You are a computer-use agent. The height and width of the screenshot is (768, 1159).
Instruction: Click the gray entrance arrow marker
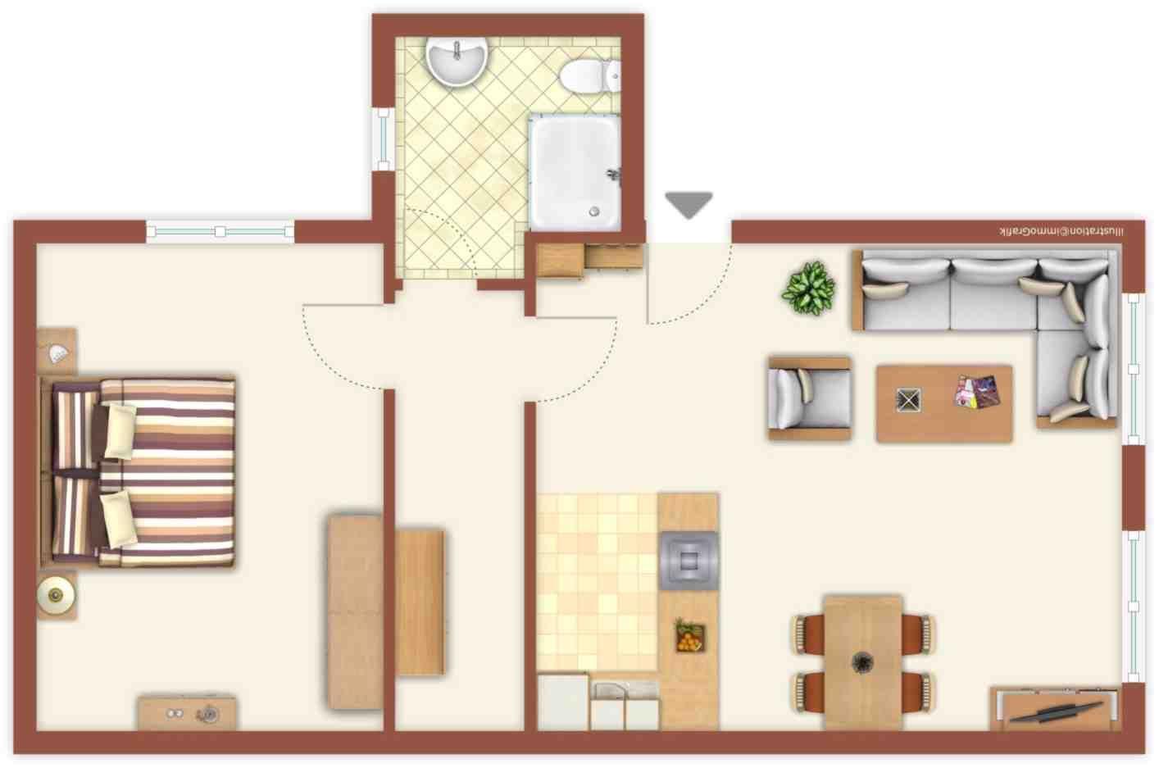(x=689, y=204)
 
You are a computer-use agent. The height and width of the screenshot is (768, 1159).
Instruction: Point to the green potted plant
(x=808, y=288)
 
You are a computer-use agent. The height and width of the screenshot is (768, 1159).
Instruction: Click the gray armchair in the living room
(x=808, y=398)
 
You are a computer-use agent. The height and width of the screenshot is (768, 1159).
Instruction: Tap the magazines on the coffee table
(x=977, y=392)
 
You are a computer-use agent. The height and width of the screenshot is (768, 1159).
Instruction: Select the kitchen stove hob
(x=689, y=561)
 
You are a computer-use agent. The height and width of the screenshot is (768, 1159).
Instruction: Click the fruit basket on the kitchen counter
(x=689, y=636)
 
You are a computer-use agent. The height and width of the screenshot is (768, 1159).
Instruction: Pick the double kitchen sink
(x=625, y=704)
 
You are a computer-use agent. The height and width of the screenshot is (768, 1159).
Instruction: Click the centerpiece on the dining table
(x=862, y=661)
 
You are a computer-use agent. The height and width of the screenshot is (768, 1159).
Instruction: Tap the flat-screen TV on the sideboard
(x=1057, y=711)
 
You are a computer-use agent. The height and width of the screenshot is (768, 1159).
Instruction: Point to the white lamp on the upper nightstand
(x=58, y=353)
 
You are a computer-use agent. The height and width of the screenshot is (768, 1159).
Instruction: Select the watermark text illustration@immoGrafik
(x=1061, y=232)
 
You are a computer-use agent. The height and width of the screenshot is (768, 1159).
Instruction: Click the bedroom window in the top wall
(x=220, y=232)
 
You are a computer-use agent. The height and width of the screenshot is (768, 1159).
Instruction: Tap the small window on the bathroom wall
(x=383, y=139)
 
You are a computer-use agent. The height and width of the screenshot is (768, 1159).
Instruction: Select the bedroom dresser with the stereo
(x=187, y=714)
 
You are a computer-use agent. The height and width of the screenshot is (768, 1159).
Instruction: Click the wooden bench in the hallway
(x=420, y=602)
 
